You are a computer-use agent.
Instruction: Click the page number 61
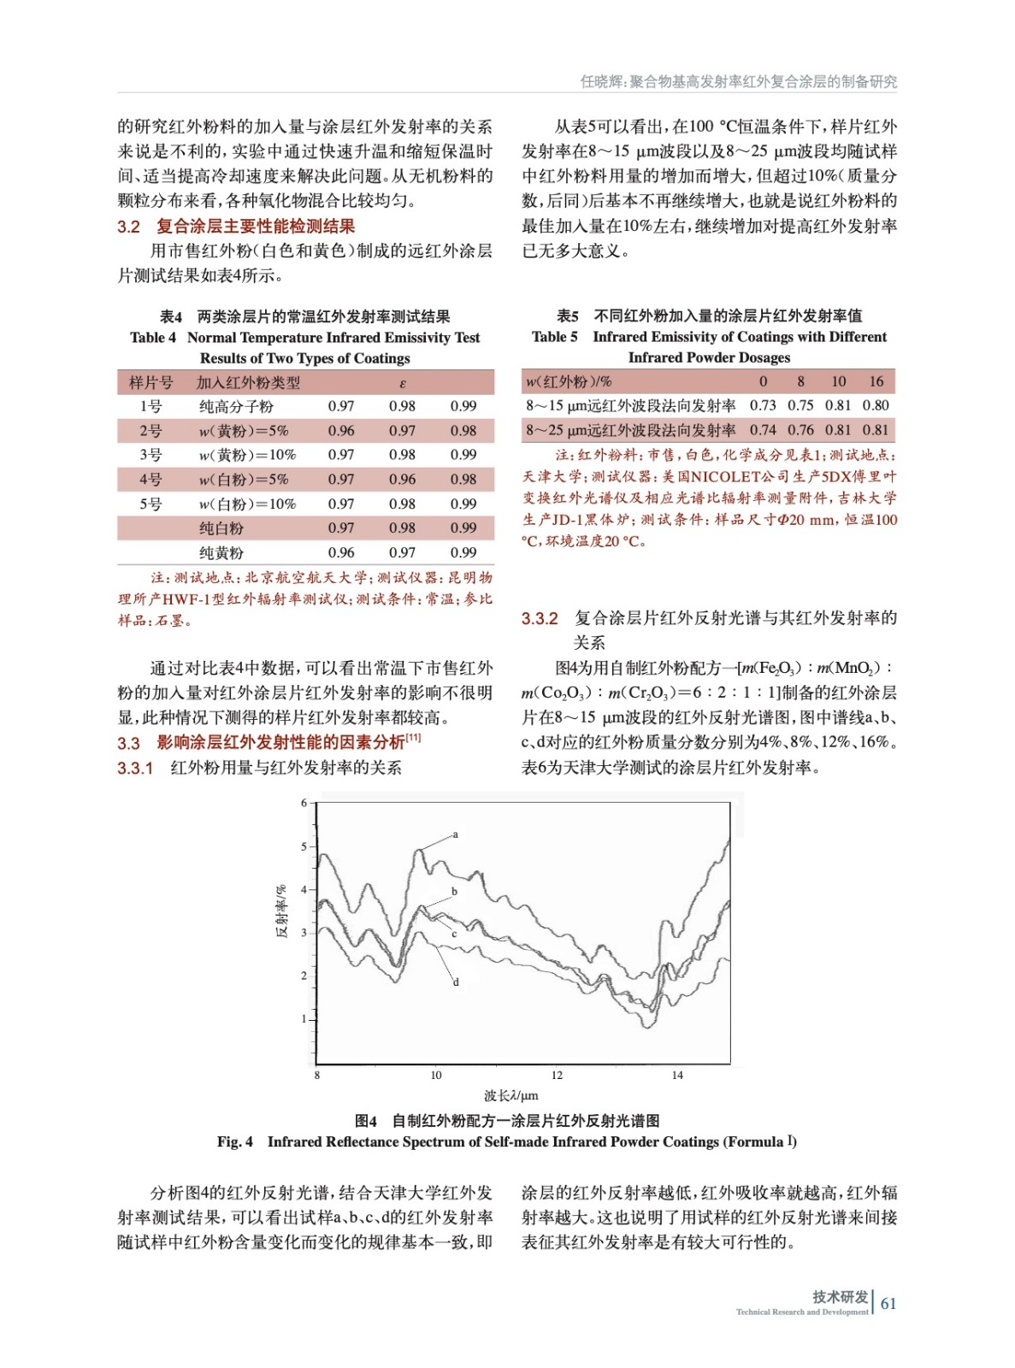point(888,1303)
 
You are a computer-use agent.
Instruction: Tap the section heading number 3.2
point(128,227)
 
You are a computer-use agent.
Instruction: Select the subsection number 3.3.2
point(540,618)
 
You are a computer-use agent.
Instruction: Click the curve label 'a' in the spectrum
point(455,834)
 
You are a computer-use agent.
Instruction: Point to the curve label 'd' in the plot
point(456,982)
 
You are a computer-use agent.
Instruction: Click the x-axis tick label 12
point(557,1075)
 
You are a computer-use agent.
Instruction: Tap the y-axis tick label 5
point(304,846)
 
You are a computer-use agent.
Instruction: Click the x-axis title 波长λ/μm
point(511,1095)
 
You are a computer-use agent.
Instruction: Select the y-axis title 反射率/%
point(281,911)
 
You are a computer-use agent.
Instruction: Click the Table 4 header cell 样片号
point(150,382)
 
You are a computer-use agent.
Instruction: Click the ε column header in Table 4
point(403,383)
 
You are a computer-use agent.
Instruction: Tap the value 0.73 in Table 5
point(763,405)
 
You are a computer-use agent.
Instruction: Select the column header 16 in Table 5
point(876,381)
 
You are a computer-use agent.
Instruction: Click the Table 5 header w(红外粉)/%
point(569,381)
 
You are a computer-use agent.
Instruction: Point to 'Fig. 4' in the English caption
point(235,1141)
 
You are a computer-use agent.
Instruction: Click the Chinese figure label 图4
point(366,1120)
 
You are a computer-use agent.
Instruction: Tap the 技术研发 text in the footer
point(840,1297)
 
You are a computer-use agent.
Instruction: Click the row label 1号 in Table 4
point(150,406)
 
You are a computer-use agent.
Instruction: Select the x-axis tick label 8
point(317,1075)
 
